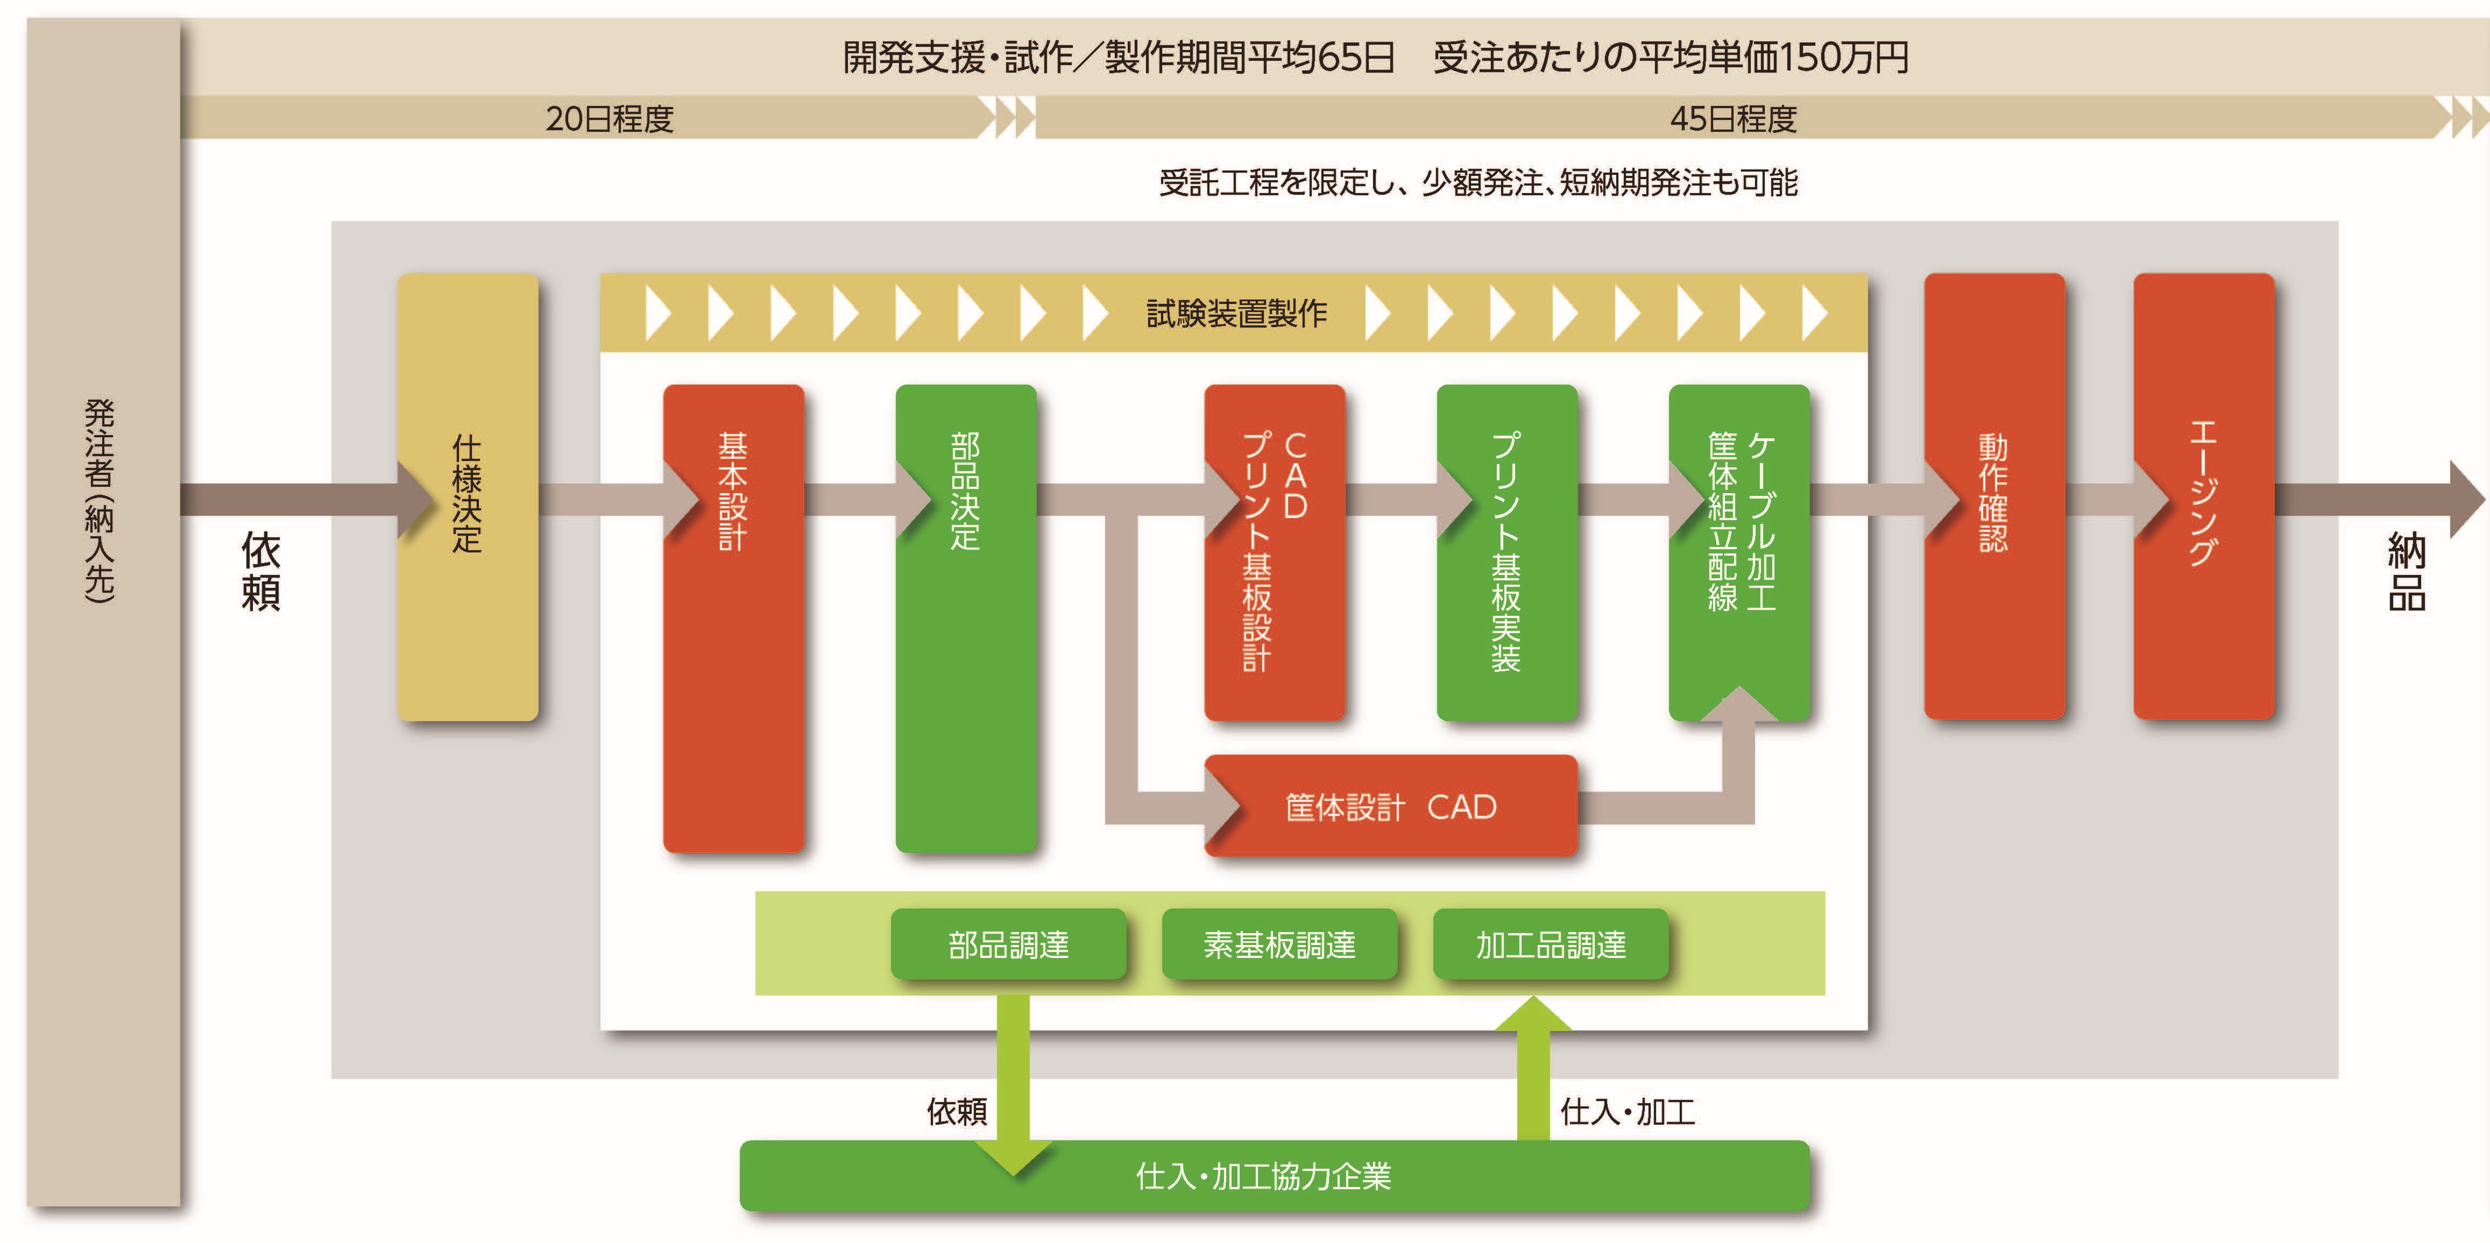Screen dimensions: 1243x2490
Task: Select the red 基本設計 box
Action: click(x=733, y=619)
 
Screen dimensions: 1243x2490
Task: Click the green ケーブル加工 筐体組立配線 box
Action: click(x=1739, y=541)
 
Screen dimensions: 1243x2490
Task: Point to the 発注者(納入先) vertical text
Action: click(x=100, y=501)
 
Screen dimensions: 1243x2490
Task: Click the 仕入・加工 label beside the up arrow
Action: click(x=1627, y=1112)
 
